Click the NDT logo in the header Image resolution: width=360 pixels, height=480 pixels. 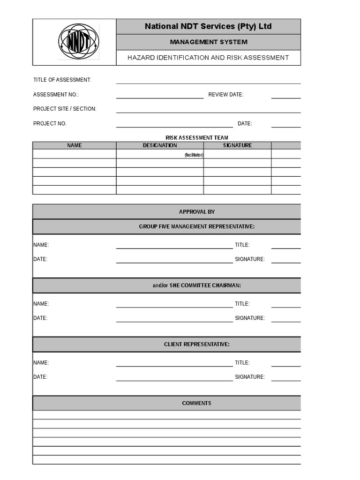(x=78, y=42)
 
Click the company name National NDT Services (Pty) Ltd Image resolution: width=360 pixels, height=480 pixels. (x=208, y=27)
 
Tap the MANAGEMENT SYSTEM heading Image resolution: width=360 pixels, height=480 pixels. (x=208, y=42)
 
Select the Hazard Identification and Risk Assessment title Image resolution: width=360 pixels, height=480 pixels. (x=208, y=58)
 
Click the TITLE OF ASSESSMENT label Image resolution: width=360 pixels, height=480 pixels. (x=62, y=80)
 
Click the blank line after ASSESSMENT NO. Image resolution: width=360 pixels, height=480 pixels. (x=159, y=96)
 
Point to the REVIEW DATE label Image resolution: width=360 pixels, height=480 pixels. (x=226, y=95)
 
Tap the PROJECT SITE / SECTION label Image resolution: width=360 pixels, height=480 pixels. (x=65, y=109)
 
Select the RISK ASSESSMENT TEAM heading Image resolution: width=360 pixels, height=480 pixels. (x=197, y=138)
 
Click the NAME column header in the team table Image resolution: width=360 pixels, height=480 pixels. (x=74, y=145)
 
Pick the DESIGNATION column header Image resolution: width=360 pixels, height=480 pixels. (x=160, y=145)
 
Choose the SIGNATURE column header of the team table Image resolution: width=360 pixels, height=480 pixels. (x=237, y=145)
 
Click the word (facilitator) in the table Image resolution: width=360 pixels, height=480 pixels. (x=194, y=155)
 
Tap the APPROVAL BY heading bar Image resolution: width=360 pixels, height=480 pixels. (x=197, y=212)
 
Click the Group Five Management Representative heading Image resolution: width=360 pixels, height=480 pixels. (x=197, y=227)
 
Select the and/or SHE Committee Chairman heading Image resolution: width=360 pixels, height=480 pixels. (x=197, y=285)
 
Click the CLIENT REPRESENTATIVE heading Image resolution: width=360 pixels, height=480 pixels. (x=197, y=345)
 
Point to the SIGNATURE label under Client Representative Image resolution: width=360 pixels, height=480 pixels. (x=250, y=377)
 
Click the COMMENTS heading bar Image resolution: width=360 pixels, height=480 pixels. (x=197, y=403)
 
